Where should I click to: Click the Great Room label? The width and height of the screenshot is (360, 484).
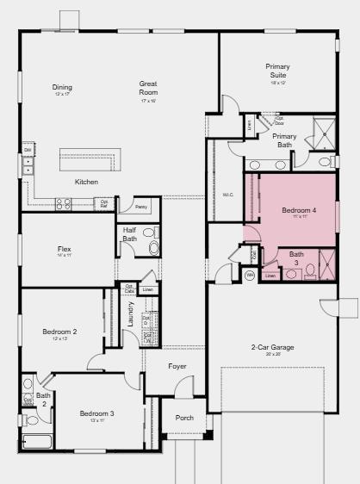point(148,88)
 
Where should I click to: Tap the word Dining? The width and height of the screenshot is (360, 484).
point(62,87)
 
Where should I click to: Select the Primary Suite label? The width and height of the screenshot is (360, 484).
point(277,71)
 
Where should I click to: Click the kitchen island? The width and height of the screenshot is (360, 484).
point(90,160)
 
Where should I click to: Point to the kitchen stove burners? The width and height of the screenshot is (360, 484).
point(64,204)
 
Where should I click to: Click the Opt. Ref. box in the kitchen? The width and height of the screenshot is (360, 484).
point(104,204)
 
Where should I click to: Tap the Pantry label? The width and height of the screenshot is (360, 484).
point(141,207)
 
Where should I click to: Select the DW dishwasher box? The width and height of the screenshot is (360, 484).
point(28,151)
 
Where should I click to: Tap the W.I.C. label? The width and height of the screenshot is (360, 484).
point(228,195)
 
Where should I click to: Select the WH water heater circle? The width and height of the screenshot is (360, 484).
point(250,276)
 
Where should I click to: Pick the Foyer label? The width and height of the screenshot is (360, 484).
point(177,366)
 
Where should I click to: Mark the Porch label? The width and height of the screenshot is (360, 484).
point(184,418)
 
